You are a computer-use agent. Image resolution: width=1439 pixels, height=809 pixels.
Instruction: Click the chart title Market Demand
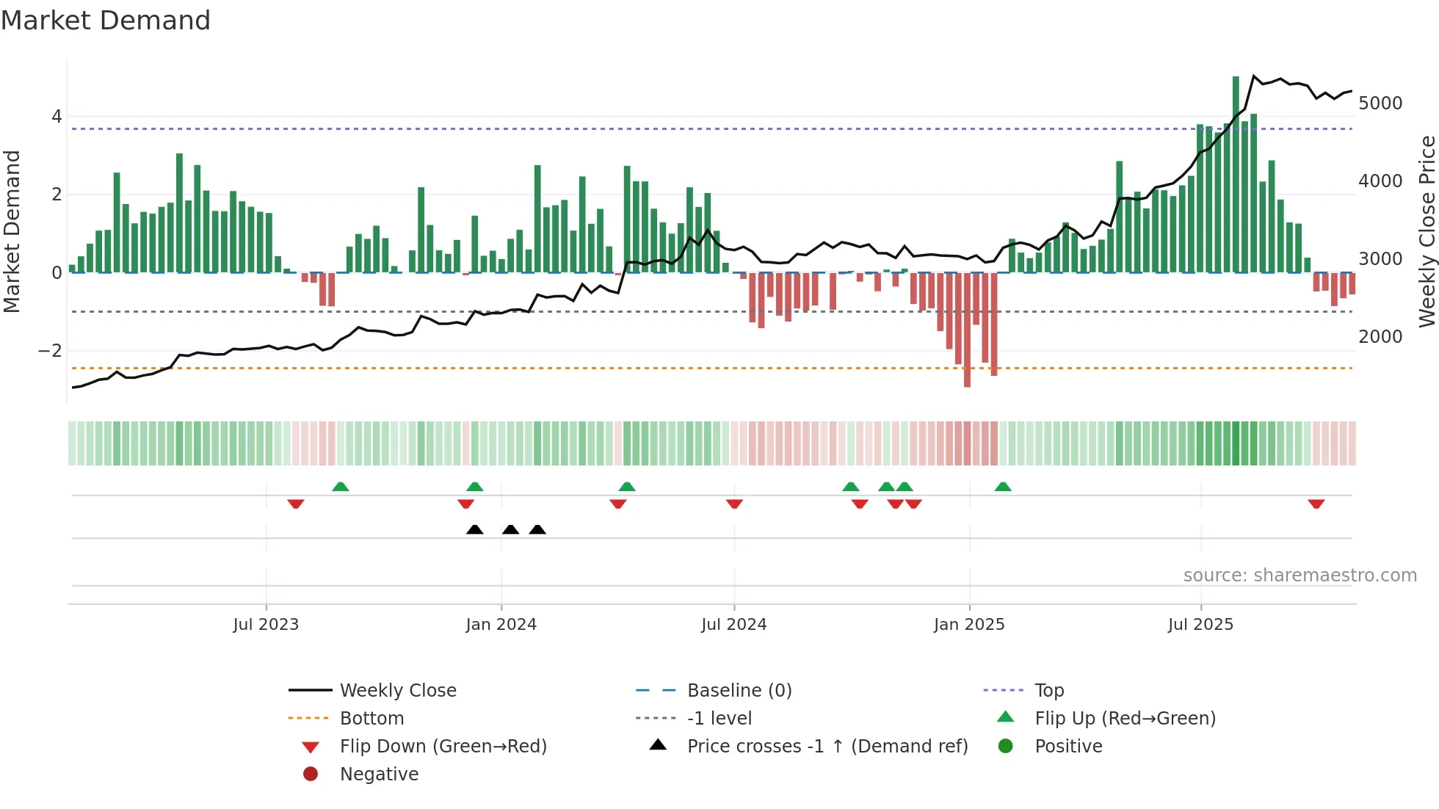[x=106, y=21]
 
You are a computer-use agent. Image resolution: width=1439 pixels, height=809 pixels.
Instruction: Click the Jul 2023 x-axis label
[x=266, y=625]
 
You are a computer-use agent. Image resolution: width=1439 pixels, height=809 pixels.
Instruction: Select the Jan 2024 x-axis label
[x=501, y=625]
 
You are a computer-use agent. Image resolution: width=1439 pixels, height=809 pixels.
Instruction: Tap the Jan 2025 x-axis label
[x=968, y=625]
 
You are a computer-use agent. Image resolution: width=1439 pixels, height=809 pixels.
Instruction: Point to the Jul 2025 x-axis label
[x=1200, y=625]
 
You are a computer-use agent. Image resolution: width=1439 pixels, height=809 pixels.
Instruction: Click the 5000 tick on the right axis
[x=1380, y=104]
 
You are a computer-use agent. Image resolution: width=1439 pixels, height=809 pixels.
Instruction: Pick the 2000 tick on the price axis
[x=1380, y=337]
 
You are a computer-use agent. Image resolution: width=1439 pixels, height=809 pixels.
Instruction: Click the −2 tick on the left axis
[x=50, y=351]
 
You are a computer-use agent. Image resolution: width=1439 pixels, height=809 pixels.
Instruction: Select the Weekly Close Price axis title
[x=1427, y=231]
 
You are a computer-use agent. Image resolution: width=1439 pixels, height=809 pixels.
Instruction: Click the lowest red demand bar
[x=967, y=330]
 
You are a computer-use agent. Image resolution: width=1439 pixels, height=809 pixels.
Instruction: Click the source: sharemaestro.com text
[x=1300, y=576]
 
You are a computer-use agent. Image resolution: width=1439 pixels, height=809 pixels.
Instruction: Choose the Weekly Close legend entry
[x=397, y=691]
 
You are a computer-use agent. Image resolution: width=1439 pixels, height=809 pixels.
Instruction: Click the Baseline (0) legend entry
[x=739, y=691]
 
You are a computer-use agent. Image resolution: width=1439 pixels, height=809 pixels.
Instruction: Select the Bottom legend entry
[x=371, y=719]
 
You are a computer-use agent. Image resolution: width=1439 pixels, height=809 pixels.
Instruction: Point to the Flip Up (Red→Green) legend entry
[x=1125, y=719]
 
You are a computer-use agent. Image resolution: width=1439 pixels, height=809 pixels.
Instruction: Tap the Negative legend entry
[x=379, y=774]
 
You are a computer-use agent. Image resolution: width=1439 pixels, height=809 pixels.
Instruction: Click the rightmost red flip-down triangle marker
[x=1316, y=504]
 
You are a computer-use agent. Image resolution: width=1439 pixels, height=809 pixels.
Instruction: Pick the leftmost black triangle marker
[x=475, y=529]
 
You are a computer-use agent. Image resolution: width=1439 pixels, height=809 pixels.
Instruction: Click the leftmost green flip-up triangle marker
[x=340, y=487]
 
